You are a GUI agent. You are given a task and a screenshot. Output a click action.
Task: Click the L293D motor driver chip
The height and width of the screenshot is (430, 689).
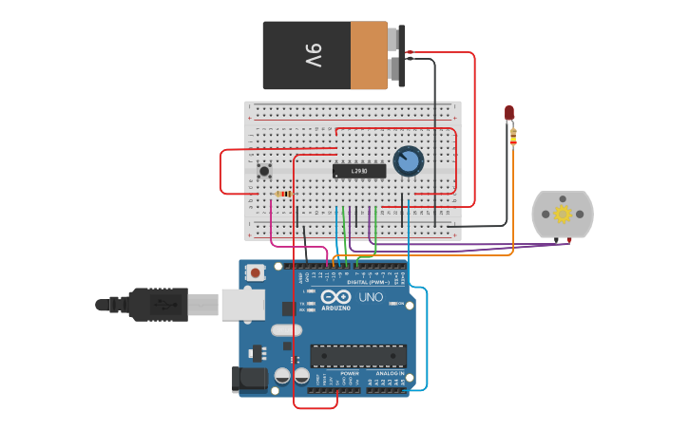tap(359, 171)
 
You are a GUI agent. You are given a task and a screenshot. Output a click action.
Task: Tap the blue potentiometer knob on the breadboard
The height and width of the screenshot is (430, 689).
tap(408, 160)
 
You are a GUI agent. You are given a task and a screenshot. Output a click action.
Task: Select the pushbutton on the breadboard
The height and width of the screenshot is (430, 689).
tap(264, 171)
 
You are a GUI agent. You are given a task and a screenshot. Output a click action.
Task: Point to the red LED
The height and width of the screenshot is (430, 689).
tap(509, 113)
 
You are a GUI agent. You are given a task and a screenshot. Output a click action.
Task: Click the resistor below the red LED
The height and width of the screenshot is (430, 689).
tap(513, 138)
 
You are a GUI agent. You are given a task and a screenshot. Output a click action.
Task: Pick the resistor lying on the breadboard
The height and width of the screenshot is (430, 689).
tap(283, 195)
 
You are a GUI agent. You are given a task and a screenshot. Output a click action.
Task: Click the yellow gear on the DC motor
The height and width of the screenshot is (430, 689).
tap(563, 214)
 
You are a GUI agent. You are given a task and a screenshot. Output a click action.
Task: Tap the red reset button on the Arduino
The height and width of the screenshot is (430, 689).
tap(255, 272)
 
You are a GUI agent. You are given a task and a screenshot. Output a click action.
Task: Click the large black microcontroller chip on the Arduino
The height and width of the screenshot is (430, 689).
tap(358, 356)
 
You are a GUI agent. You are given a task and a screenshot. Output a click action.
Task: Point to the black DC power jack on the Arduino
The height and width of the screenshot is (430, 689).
tap(250, 379)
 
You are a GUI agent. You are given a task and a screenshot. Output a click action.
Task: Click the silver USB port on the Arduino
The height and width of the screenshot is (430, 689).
tap(242, 304)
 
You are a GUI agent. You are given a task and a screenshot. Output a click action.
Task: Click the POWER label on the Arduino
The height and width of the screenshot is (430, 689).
tap(350, 373)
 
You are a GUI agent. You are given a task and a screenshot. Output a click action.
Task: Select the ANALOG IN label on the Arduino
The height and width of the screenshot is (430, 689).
tap(390, 373)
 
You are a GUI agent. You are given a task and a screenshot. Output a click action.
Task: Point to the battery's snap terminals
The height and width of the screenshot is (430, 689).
tap(399, 55)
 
